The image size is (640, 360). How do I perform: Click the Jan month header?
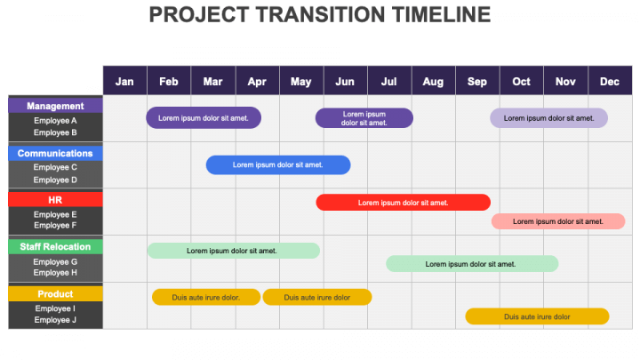pos(124,81)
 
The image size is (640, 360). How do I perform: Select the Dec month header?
pos(610,81)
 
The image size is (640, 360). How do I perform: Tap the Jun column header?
pos(345,81)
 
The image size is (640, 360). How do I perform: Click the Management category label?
pos(55,106)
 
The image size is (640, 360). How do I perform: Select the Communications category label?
pos(55,153)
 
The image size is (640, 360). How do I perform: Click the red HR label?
pos(55,200)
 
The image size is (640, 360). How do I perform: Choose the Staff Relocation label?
pos(55,246)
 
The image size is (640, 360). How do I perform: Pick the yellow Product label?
pos(55,294)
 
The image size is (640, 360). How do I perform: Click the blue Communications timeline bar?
pos(278,165)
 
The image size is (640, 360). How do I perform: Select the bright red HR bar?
pos(404,203)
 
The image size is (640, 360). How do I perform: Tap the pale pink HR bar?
pos(558,221)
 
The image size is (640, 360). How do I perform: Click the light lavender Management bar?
pos(548,118)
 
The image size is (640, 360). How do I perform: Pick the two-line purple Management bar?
pos(364,118)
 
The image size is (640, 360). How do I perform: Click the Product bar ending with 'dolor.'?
pos(206,297)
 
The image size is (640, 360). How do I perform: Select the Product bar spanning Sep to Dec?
pos(537,316)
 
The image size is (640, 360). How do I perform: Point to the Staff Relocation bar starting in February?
pos(234,251)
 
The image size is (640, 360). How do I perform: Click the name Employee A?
pos(55,120)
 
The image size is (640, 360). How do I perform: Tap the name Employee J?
pos(55,320)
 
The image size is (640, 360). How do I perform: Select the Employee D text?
pos(55,180)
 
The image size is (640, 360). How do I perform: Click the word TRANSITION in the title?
pos(320,15)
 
